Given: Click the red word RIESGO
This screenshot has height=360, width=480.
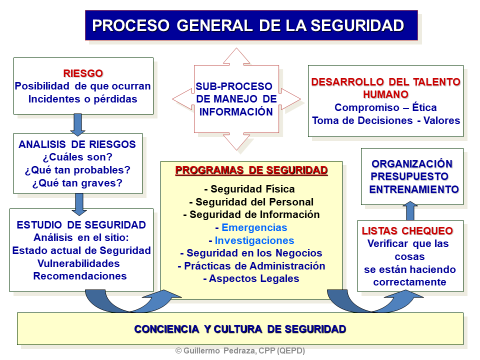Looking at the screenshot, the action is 83,73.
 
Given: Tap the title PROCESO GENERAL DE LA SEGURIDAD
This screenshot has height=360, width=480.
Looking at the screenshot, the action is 248,26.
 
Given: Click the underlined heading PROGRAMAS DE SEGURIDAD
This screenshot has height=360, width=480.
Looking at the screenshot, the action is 252,170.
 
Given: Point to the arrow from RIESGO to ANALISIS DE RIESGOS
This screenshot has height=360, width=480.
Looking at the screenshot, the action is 78,125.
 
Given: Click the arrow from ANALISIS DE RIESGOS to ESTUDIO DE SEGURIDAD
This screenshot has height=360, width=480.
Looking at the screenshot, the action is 79,204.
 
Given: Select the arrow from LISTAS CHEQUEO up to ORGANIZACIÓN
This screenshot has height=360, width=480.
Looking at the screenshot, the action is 410,211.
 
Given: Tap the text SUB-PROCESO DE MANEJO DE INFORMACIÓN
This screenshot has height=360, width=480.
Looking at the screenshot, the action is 236,99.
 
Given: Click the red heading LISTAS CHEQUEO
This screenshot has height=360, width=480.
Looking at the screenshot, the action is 407,231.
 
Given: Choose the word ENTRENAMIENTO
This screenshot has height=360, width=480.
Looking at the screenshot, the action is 414,189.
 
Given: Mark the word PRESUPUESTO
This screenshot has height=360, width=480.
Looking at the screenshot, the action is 409,176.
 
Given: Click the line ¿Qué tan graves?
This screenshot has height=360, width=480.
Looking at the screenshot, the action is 77,183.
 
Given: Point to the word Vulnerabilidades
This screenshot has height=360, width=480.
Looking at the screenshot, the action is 78,263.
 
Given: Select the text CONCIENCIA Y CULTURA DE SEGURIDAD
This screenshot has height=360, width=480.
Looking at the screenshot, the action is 240,329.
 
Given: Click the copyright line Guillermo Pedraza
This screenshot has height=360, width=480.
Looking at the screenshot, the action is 240,351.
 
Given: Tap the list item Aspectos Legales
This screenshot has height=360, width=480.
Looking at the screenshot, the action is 251,279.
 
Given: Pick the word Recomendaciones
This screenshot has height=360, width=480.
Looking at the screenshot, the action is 80,276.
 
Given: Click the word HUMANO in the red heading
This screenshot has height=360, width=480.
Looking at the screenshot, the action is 386,95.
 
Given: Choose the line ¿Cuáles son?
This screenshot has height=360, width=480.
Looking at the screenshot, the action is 77,157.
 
